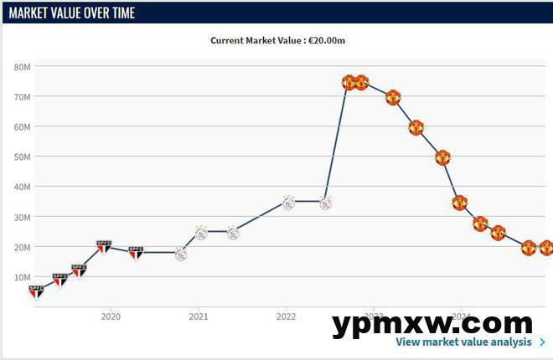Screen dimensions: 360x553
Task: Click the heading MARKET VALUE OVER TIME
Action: (x=71, y=13)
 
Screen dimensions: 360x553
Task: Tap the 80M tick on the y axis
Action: (x=23, y=67)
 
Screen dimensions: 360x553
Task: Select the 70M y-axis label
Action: (x=23, y=97)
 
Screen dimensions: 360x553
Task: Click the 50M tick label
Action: (x=23, y=157)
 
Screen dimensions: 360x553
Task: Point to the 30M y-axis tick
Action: (x=23, y=217)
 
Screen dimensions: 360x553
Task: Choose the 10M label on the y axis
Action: (x=23, y=277)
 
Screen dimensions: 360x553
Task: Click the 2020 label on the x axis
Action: (x=111, y=316)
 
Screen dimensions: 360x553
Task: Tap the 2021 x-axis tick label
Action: (x=199, y=316)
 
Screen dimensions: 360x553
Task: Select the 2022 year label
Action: (x=287, y=316)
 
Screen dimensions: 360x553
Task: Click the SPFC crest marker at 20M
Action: (x=104, y=247)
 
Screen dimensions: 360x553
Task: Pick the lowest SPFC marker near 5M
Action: (x=36, y=291)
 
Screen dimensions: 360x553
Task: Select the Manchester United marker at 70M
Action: (x=394, y=97)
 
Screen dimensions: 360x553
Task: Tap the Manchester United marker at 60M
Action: (x=416, y=127)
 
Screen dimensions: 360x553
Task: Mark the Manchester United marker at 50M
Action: (x=442, y=157)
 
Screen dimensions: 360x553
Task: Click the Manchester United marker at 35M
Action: (x=459, y=202)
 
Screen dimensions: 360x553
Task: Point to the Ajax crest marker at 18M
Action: (x=181, y=254)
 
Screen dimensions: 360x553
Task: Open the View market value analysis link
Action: (x=463, y=342)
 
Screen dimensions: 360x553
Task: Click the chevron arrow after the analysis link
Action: (x=542, y=342)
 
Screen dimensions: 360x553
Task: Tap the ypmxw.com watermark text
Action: (x=432, y=323)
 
